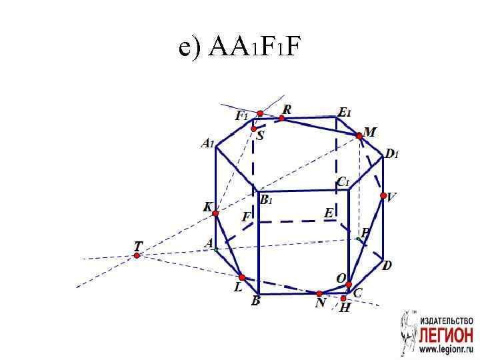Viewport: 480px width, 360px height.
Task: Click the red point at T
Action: (137, 255)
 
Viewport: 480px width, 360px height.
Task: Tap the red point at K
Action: (215, 213)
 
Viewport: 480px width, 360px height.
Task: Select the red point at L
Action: (242, 277)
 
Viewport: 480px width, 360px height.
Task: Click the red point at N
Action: (319, 293)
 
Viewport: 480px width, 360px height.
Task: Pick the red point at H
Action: (343, 299)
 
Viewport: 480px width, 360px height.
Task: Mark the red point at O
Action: (349, 285)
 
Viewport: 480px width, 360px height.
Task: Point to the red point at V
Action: (383, 195)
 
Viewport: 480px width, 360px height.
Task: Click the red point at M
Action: (359, 135)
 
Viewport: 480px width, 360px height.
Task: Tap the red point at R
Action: (282, 118)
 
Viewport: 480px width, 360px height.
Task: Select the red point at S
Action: (254, 129)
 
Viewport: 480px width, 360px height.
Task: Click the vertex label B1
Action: (266, 200)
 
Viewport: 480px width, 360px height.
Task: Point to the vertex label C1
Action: (343, 181)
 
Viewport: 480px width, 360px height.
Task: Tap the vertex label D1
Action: (391, 155)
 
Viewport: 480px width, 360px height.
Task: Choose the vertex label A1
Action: (207, 143)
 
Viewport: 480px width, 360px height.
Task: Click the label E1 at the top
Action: (345, 113)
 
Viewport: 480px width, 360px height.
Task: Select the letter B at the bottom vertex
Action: (255, 301)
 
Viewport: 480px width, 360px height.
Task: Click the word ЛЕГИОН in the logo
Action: (446, 333)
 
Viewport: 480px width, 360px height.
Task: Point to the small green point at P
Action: (358, 239)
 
